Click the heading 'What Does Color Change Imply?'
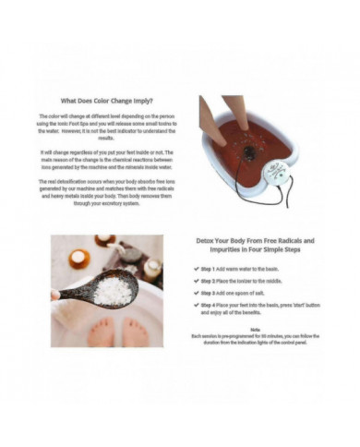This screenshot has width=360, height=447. [106, 100]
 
